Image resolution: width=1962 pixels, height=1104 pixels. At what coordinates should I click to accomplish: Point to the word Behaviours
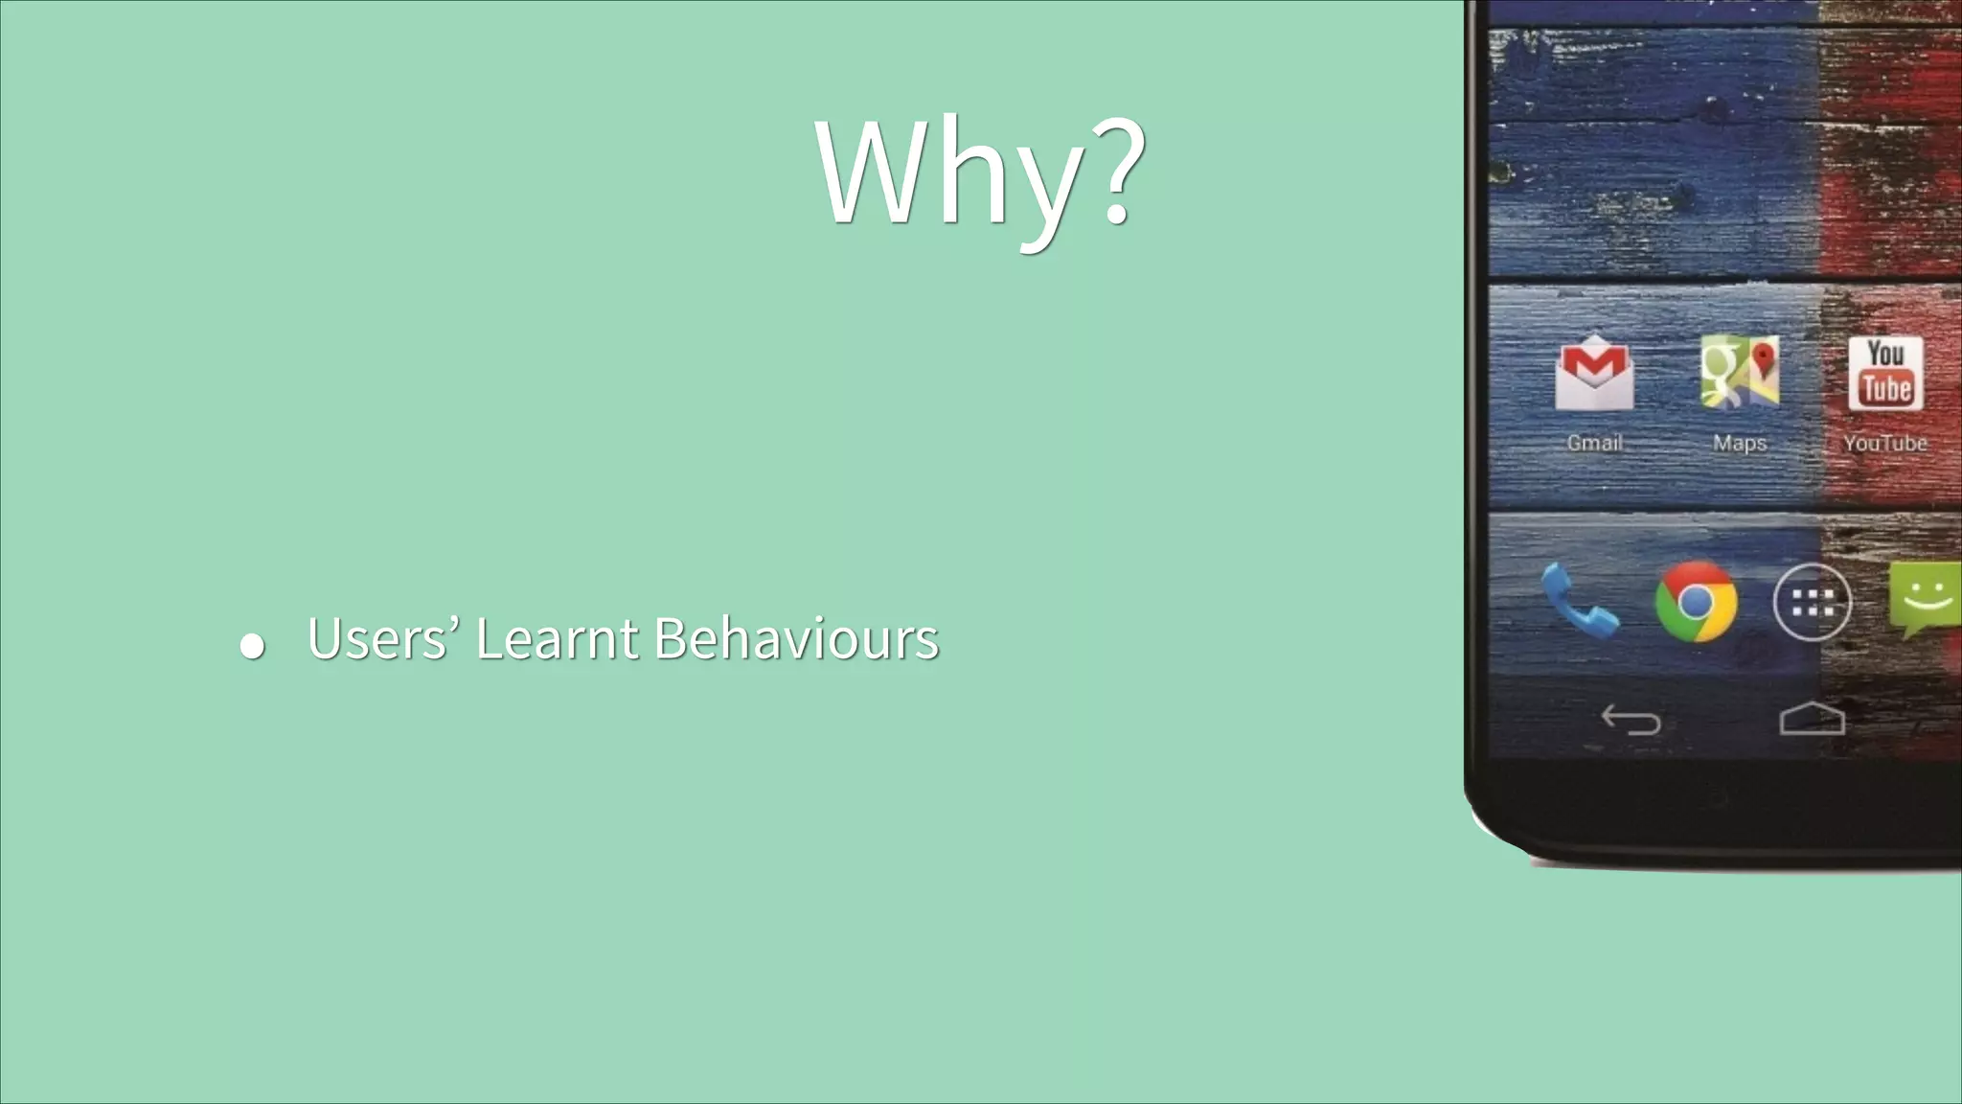coord(796,638)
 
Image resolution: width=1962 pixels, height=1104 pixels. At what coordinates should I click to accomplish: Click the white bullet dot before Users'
coord(252,646)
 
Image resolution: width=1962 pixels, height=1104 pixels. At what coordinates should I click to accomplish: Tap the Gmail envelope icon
coord(1594,373)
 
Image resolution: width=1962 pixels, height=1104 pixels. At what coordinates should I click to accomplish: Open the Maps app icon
coord(1739,373)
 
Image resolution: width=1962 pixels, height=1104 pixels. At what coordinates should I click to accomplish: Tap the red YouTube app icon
coord(1885,373)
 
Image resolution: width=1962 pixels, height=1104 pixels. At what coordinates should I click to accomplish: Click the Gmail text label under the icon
coord(1594,443)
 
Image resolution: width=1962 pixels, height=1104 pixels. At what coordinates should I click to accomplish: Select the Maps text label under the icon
coord(1740,443)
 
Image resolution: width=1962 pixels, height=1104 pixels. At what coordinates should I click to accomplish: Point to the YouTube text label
coord(1885,443)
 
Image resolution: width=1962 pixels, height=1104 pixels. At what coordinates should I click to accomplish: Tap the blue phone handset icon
coord(1579,601)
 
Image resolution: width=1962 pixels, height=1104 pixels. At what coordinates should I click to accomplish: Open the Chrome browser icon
coord(1696,602)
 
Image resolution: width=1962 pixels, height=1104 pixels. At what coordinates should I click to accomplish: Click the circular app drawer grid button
coord(1812,602)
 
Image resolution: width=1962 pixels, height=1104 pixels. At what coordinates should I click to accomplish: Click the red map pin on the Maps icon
coord(1763,360)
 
